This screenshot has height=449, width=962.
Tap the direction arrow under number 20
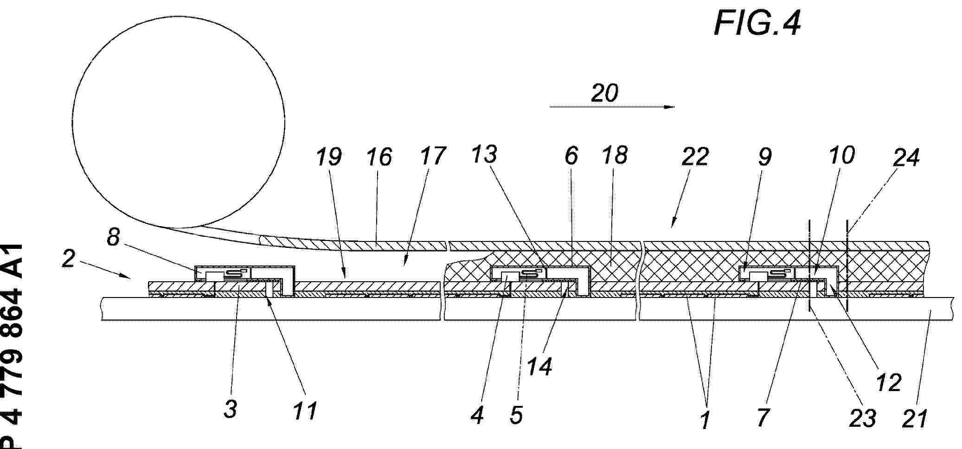[x=612, y=107]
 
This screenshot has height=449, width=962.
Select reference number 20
[x=604, y=93]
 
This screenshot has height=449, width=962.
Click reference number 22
[x=695, y=156]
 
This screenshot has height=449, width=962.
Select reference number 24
[x=906, y=157]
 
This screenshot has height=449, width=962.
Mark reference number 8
[x=113, y=237]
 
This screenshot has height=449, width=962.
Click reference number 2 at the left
[x=68, y=259]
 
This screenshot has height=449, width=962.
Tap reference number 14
[x=539, y=366]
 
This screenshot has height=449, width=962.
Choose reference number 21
[x=914, y=418]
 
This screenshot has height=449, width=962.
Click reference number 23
[x=863, y=418]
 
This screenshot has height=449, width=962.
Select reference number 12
[x=888, y=382]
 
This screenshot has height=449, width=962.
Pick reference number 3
[x=231, y=409]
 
